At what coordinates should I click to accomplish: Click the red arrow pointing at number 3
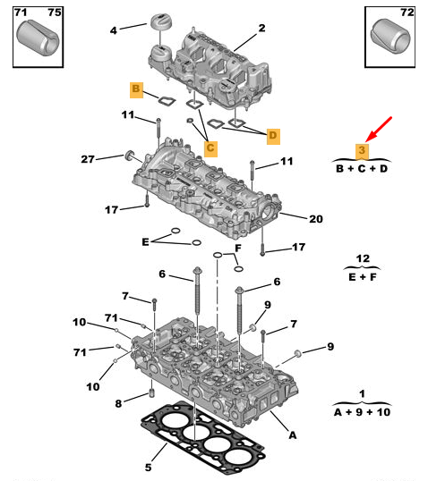tap(379, 129)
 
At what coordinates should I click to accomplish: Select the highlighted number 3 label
tap(363, 151)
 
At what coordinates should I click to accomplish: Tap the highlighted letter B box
tap(136, 90)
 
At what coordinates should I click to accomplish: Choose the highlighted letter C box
tap(210, 148)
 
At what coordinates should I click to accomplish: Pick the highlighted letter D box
tap(273, 136)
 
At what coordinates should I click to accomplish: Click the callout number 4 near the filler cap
tap(114, 30)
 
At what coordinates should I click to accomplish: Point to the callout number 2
tap(261, 28)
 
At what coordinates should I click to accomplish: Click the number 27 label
tap(88, 159)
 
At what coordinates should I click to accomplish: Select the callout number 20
tap(316, 219)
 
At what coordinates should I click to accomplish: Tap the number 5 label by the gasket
tap(148, 468)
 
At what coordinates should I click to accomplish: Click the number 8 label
tap(118, 404)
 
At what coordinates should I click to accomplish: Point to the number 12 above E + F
tap(363, 258)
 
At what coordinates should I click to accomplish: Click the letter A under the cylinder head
tap(293, 435)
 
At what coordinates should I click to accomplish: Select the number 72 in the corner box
tap(407, 13)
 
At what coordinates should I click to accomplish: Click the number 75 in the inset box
tap(55, 13)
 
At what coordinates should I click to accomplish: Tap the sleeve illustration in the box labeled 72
tap(390, 36)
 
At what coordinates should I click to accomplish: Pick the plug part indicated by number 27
tap(130, 156)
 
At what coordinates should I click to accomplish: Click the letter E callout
tap(145, 242)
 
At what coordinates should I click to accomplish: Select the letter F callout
tap(238, 249)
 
